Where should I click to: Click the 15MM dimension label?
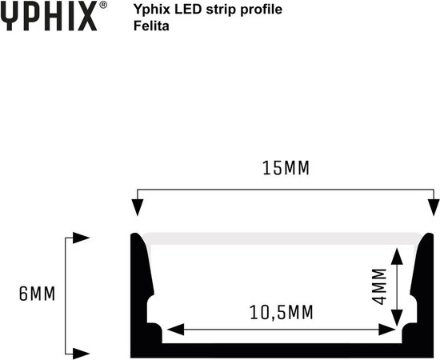286,170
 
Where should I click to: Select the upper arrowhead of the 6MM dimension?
81,238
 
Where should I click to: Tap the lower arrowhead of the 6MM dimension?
81,352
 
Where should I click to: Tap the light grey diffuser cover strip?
280,238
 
